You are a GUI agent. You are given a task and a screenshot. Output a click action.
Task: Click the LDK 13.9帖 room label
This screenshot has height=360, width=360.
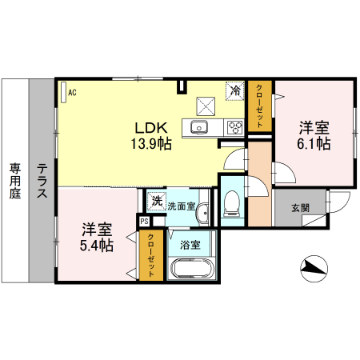click(151, 136)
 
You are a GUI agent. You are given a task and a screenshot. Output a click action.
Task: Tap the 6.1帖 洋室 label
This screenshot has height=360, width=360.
click(314, 136)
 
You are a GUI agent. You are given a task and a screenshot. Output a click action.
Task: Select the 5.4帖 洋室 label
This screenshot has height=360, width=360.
click(97, 237)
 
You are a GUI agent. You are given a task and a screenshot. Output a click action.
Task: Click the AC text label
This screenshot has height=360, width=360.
click(72, 93)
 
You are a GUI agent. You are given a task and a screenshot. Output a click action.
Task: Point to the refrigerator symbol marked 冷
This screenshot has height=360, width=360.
click(235, 90)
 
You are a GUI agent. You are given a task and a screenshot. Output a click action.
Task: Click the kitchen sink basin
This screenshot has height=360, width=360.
click(199, 128)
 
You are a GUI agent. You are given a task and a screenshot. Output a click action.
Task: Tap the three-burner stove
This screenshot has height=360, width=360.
click(235, 127)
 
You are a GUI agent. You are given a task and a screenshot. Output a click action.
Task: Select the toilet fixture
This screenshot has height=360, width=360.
click(232, 203)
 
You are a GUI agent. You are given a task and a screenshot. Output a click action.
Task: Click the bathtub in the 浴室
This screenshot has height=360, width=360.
click(193, 269)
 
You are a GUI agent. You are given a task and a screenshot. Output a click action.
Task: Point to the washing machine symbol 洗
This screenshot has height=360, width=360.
click(157, 202)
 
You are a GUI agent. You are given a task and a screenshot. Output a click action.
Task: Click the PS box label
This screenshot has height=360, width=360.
click(145, 221)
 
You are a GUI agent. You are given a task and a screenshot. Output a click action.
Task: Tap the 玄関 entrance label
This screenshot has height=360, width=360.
click(300, 208)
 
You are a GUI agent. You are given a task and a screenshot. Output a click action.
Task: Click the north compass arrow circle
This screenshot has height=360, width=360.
click(314, 268)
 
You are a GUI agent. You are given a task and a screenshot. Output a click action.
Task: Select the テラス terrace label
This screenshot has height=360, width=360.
click(42, 181)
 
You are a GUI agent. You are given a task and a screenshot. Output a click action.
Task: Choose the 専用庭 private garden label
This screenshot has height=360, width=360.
click(15, 181)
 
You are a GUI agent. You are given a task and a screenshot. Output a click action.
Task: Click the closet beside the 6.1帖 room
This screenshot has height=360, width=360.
click(260, 106)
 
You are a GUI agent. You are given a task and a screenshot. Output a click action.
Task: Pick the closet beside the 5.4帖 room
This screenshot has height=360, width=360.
click(151, 255)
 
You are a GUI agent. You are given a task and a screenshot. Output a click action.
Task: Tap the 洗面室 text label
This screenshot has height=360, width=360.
click(182, 206)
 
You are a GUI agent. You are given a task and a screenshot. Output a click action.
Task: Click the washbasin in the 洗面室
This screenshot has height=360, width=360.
click(203, 213)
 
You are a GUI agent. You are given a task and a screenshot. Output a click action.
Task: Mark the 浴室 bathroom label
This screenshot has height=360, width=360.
click(190, 245)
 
